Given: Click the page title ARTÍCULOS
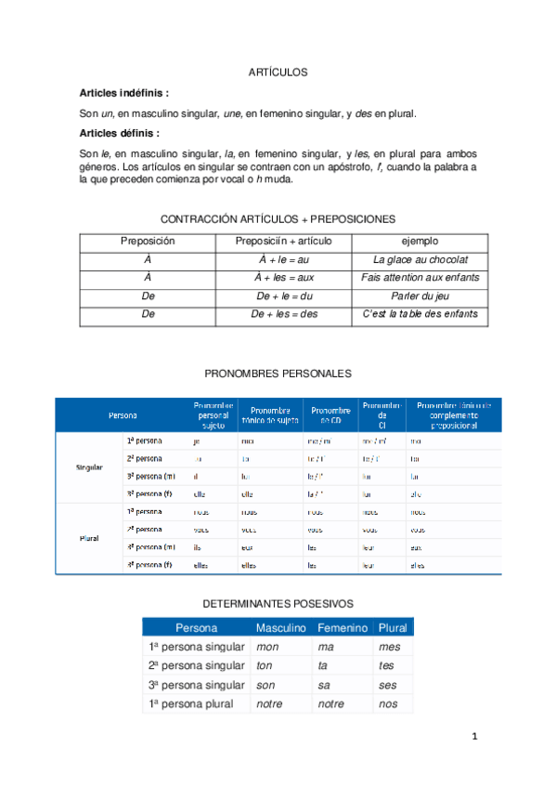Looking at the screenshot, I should [278, 72].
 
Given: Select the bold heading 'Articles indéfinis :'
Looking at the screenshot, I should [124, 93].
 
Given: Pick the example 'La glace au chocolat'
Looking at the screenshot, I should [420, 259].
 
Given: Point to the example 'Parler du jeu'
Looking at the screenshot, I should [420, 296].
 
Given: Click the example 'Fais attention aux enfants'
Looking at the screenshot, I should [420, 278].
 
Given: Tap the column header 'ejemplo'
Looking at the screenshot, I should [420, 241].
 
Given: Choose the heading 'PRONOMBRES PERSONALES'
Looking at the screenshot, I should [277, 373].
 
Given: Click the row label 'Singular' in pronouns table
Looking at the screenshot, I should [89, 466].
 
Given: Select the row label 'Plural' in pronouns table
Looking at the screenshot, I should [89, 538].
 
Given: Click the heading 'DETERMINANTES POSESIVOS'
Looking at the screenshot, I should [277, 604].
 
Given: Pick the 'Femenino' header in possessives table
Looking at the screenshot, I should [343, 628].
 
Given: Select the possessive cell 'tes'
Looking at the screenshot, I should [386, 666].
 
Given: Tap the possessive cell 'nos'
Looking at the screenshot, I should [388, 704].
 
